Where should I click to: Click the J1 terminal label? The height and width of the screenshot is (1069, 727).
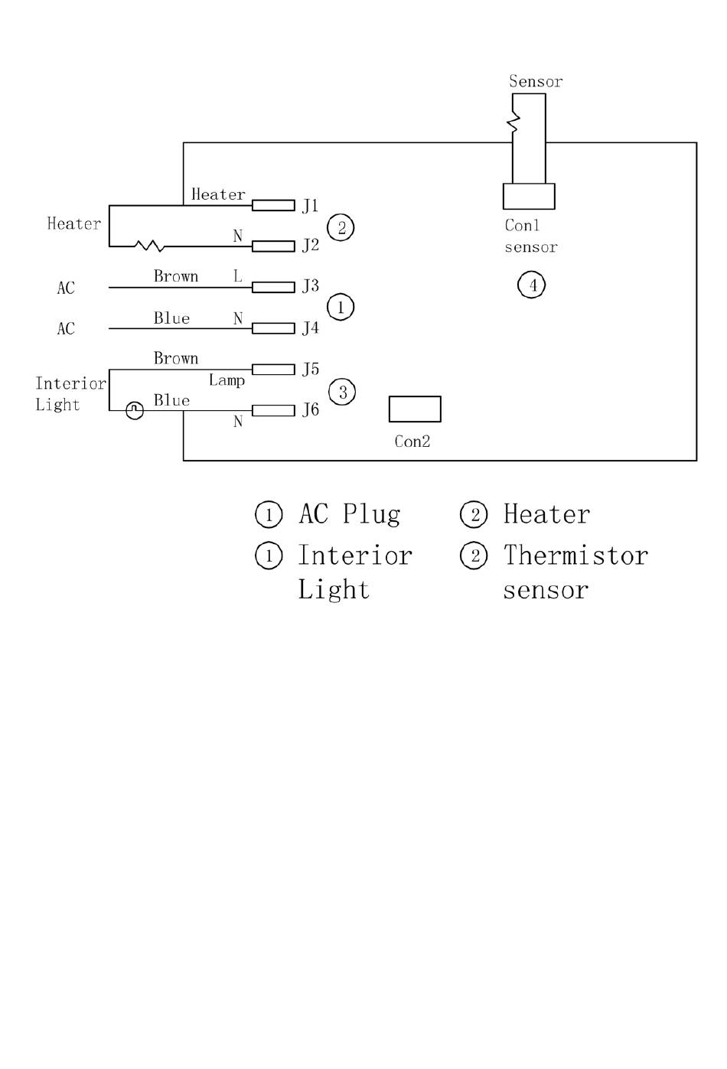tap(310, 206)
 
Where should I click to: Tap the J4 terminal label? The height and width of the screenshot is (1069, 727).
tap(310, 328)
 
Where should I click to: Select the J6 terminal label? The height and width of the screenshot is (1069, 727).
tap(310, 409)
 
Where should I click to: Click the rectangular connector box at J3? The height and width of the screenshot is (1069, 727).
tap(273, 287)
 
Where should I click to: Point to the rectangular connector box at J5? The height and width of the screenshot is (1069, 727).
tap(273, 370)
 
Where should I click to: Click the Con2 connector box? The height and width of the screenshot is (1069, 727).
tap(415, 409)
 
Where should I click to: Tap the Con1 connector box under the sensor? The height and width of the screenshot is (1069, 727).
tap(529, 196)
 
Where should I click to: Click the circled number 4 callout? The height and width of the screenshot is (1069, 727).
tap(531, 285)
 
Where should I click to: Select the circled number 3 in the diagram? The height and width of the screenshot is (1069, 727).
tap(342, 392)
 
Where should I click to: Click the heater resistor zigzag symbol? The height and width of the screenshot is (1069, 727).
tap(149, 246)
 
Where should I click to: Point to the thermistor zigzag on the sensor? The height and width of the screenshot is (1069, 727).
tap(513, 122)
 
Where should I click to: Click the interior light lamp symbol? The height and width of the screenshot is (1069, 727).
tap(135, 410)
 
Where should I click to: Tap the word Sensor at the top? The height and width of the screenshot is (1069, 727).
tap(536, 81)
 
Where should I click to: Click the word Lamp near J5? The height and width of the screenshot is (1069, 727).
tap(227, 380)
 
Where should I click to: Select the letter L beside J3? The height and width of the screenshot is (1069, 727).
tap(237, 275)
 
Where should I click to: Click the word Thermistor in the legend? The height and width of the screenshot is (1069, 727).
tap(575, 556)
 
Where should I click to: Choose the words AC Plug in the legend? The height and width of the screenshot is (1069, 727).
tap(350, 514)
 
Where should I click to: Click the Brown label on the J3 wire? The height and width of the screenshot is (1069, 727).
tap(176, 276)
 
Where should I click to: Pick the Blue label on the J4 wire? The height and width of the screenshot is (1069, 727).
tap(171, 318)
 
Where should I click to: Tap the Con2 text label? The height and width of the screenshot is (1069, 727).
tap(412, 442)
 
